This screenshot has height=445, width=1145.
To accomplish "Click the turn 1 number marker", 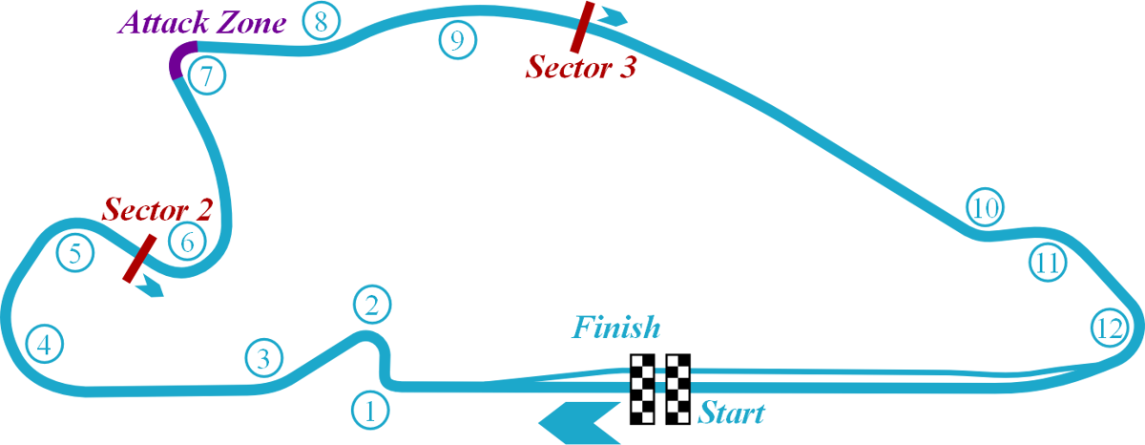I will pos(370,411).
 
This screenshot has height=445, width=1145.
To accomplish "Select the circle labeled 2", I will pos(372,305).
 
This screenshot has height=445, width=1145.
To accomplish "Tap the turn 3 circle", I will pos(264,358).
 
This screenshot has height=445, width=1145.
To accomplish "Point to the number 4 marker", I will pos(44,344).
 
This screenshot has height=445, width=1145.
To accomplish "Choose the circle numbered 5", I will pos(75,253).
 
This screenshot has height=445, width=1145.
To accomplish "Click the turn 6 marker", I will pos(187,243).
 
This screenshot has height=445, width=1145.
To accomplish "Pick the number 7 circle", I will pos(207,75).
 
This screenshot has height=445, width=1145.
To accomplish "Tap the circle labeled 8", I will pos(321,21).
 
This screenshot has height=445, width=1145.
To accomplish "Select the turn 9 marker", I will pos(458,40).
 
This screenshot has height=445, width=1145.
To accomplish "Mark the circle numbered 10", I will pos(985,207).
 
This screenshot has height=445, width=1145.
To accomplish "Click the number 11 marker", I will pos(1048,262).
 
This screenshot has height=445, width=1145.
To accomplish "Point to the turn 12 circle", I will pos(1110,328).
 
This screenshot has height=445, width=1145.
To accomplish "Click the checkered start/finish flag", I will pos(659,389).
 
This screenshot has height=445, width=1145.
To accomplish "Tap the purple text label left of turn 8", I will pos(205,21).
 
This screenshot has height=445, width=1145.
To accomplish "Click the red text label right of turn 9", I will pos(582,71).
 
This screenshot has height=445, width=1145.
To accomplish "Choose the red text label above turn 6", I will pos(157,206).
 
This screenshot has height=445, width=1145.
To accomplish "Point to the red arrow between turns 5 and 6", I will pos(139,259).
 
